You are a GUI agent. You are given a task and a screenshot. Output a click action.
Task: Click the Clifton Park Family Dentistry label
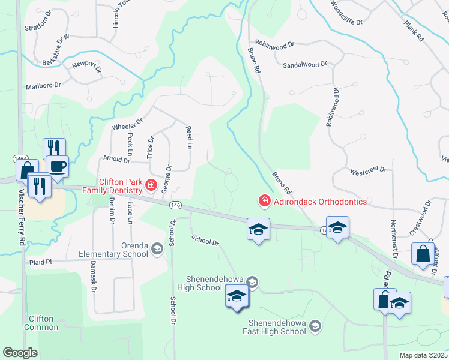coord(122,185)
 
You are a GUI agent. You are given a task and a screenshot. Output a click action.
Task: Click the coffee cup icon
coord(57,166)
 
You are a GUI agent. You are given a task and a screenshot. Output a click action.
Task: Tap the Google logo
coord(20,353)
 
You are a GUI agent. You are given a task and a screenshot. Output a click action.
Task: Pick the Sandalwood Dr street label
coord(304,63)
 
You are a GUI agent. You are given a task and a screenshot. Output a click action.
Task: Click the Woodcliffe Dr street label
coord(343,14)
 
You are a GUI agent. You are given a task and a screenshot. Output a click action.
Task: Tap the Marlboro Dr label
coord(44,86)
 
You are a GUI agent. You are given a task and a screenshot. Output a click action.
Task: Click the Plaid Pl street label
coord(41,262)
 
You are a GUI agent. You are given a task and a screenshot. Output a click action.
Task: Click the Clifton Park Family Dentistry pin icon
coord(151,185)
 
